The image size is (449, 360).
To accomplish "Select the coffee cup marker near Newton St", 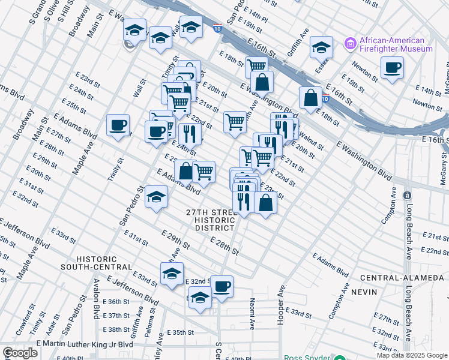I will tap(392, 68).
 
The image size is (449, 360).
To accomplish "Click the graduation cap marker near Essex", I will tap(322, 47).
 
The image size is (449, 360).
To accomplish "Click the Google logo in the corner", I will tap(20, 353).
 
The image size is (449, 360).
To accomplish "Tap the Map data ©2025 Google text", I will tap(412, 355).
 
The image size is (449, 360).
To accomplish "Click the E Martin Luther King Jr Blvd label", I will tap(85, 344).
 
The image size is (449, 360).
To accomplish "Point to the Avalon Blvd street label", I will tap(95, 299).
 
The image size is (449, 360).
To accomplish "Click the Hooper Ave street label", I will tap(280, 305).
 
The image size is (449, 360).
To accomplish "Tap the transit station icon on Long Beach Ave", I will tap(408, 196).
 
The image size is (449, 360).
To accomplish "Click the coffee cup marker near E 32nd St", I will tap(221, 286).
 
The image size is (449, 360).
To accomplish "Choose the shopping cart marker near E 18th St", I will tap(256, 66).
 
